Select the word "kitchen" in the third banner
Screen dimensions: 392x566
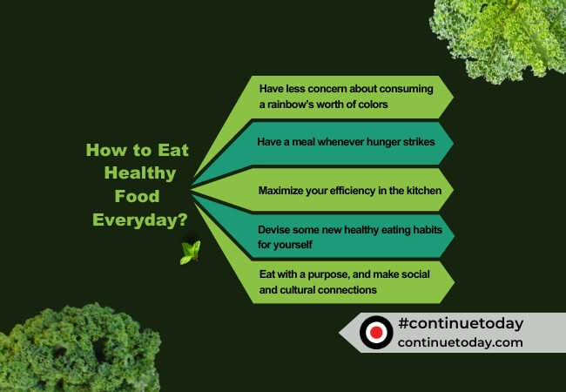pyautogui.click(x=421, y=189)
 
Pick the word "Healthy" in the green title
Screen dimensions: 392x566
pyautogui.click(x=139, y=173)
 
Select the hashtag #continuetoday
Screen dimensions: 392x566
pyautogui.click(x=460, y=323)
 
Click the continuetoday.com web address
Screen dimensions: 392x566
pyautogui.click(x=460, y=342)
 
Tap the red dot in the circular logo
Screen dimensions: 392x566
pyautogui.click(x=376, y=333)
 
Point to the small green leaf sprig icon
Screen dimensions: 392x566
pyautogui.click(x=190, y=253)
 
